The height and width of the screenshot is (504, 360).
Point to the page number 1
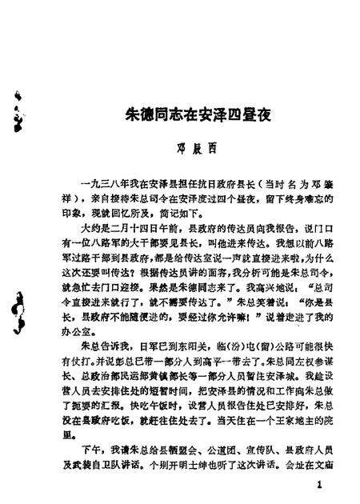[319, 486]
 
